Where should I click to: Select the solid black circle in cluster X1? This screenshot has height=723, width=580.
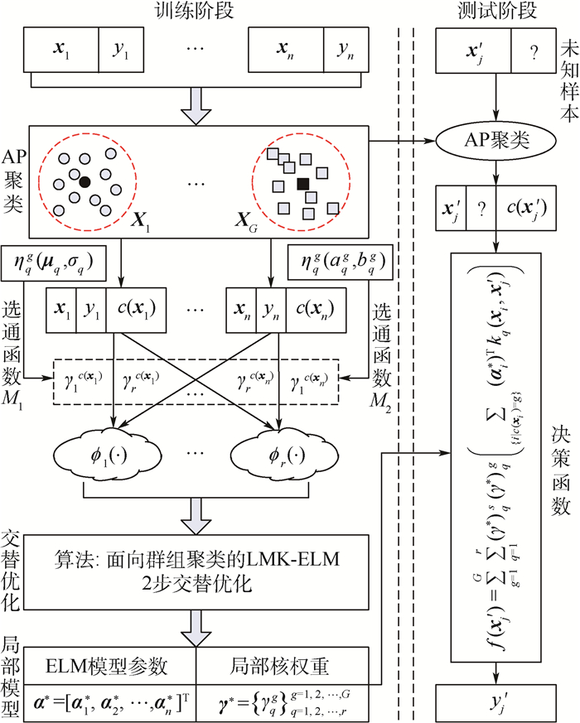tap(84, 181)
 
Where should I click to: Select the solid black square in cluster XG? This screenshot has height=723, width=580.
tap(303, 183)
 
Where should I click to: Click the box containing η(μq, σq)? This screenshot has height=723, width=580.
tap(55, 263)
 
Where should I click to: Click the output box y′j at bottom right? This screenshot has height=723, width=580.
tap(495, 704)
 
